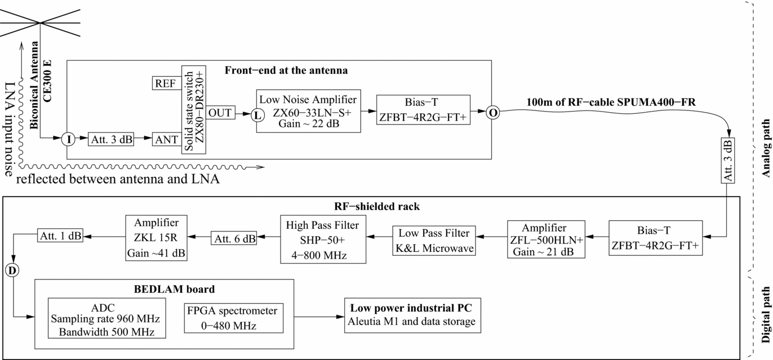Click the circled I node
(x=68, y=139)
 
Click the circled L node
(x=257, y=114)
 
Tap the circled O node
(x=493, y=112)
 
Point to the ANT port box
(x=167, y=139)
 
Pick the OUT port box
(x=221, y=113)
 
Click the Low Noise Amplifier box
(x=308, y=111)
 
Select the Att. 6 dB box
(x=234, y=238)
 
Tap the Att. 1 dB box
(x=60, y=236)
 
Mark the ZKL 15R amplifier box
(x=157, y=238)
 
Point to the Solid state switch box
(x=194, y=109)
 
